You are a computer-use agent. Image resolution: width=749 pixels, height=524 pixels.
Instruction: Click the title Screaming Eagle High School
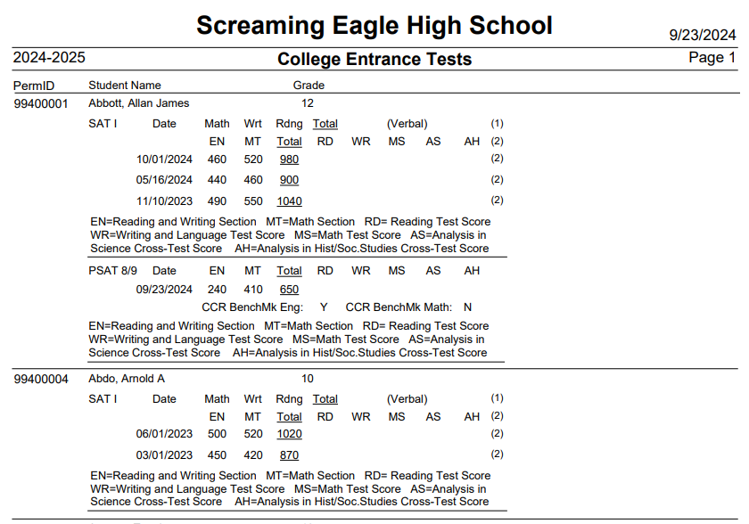[374, 25]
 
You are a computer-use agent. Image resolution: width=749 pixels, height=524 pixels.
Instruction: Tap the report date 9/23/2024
[703, 36]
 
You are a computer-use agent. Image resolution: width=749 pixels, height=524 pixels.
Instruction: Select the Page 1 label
[712, 58]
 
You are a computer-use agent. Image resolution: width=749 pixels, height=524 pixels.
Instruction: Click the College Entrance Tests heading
[374, 60]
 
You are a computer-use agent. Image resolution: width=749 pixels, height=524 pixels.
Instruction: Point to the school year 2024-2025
[49, 58]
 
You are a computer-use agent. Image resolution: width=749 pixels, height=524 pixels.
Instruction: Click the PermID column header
[34, 86]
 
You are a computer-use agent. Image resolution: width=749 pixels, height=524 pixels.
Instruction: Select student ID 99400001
[41, 103]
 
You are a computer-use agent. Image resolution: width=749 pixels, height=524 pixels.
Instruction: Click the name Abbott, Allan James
[138, 103]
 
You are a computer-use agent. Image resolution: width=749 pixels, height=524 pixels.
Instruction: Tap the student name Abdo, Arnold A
[127, 379]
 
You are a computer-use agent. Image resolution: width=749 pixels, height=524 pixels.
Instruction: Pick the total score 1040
[289, 201]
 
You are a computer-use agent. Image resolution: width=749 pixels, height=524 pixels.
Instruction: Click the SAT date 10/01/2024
[164, 160]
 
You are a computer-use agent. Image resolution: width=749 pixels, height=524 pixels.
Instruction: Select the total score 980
[289, 160]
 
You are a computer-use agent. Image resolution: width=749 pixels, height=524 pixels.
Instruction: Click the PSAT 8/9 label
[112, 271]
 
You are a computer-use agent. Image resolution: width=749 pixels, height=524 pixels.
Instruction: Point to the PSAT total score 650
[289, 290]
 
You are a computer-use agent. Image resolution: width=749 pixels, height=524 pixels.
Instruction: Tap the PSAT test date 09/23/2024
[164, 290]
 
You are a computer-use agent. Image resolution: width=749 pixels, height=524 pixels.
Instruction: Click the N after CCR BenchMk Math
[467, 307]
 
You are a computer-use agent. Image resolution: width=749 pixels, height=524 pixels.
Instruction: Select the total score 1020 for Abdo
[289, 434]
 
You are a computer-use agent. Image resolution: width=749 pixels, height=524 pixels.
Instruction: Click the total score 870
[289, 455]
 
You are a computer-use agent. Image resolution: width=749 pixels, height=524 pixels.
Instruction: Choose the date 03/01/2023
[164, 455]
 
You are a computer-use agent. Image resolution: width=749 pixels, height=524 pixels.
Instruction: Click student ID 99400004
[41, 379]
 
